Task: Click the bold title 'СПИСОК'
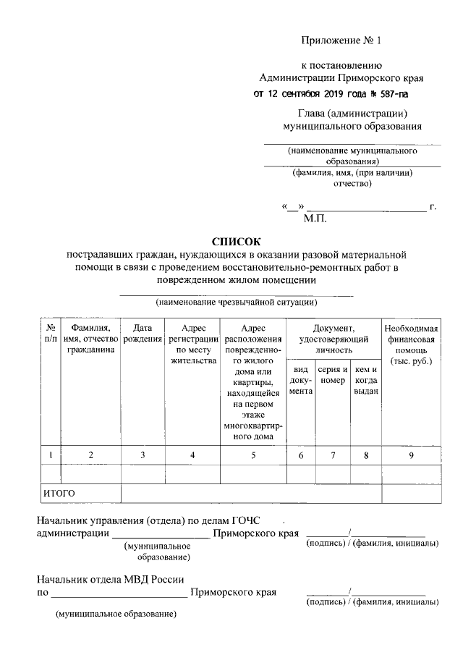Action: [234, 241]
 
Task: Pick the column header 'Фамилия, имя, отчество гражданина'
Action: [90, 339]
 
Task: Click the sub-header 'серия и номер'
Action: [333, 375]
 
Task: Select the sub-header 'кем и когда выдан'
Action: [366, 380]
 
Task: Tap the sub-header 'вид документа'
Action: [300, 380]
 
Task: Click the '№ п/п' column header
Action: [51, 333]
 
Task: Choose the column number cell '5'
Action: [252, 455]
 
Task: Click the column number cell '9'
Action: [411, 455]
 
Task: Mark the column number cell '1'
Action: [51, 455]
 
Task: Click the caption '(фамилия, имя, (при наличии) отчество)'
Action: [352, 178]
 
